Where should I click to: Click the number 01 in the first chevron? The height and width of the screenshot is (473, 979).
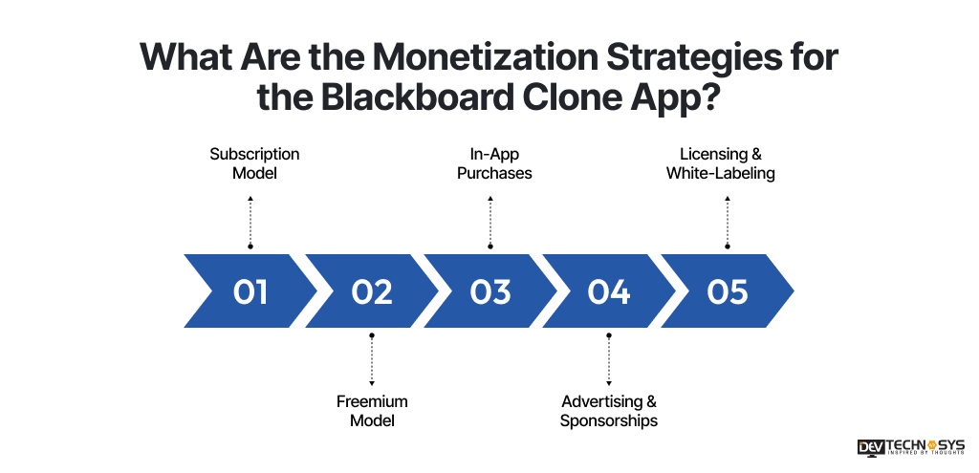[250, 291]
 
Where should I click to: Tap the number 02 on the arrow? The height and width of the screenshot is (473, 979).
[371, 291]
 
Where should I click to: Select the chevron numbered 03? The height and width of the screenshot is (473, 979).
[490, 291]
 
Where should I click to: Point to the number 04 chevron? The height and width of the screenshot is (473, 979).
[609, 291]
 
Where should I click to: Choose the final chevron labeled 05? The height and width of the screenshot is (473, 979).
[728, 291]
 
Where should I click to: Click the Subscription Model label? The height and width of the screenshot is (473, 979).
[254, 163]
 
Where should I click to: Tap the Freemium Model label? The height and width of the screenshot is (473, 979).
[372, 411]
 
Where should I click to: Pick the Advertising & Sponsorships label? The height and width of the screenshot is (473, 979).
[609, 411]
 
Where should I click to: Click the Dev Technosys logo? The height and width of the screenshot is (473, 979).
[911, 448]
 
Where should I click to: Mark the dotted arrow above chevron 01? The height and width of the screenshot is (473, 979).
[250, 221]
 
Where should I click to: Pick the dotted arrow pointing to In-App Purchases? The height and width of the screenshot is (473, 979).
[490, 221]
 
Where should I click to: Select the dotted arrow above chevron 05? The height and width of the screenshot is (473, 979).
[728, 221]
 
